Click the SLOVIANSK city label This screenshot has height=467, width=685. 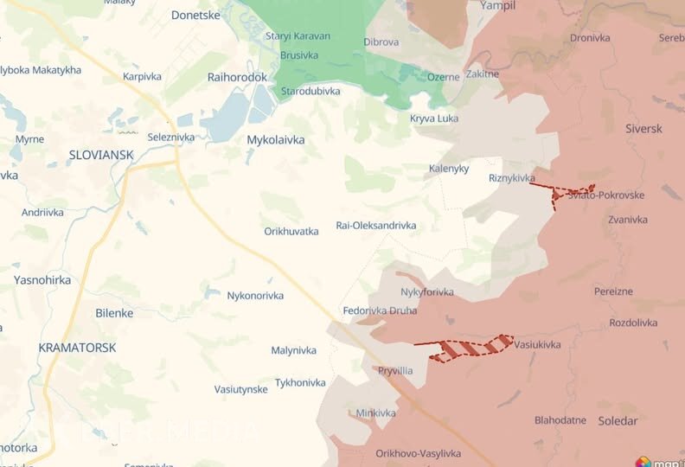[x=101, y=155]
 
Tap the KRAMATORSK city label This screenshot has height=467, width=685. [x=77, y=347]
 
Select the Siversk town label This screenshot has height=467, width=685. [x=643, y=129]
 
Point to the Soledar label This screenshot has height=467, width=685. [x=618, y=421]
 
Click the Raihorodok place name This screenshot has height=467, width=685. [x=237, y=77]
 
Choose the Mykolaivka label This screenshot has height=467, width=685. [x=276, y=139]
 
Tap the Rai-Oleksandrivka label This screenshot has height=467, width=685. [x=375, y=226]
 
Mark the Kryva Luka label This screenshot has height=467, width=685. [x=434, y=118]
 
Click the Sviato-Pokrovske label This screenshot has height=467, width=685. [x=605, y=195]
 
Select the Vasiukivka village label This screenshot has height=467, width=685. [x=537, y=344]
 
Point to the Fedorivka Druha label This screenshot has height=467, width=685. [x=380, y=310]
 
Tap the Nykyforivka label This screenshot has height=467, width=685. [x=426, y=292]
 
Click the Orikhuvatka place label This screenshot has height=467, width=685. [x=291, y=232]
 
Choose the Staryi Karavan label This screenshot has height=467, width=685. [x=298, y=36]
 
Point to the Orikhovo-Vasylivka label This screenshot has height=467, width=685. [x=419, y=453]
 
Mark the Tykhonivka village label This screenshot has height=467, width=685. [x=300, y=382]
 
